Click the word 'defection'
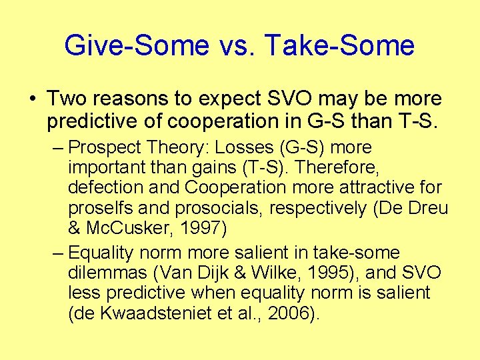tap(101, 188)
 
